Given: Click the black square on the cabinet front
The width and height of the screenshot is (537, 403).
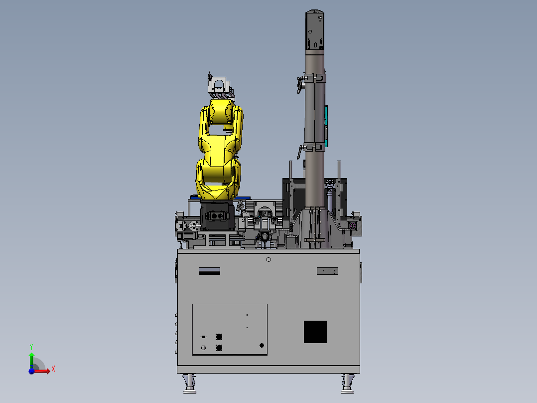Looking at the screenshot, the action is [x=315, y=332].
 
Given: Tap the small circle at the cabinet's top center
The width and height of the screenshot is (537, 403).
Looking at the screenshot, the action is [x=268, y=260].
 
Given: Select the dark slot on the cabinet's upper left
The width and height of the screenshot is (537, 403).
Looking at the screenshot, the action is [x=209, y=271].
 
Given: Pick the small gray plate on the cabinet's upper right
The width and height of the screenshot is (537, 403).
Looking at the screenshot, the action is [x=327, y=271].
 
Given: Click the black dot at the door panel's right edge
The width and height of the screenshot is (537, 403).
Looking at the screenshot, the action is [x=262, y=345].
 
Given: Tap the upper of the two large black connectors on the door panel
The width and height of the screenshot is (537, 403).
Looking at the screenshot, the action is [x=219, y=337].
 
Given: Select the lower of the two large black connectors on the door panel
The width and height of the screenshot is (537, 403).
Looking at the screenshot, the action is [x=219, y=348].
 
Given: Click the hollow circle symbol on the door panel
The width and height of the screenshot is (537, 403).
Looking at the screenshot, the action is [x=203, y=348].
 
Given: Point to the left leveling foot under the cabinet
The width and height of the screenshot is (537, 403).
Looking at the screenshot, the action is [x=189, y=384].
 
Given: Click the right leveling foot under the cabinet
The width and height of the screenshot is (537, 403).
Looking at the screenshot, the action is [x=347, y=384].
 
